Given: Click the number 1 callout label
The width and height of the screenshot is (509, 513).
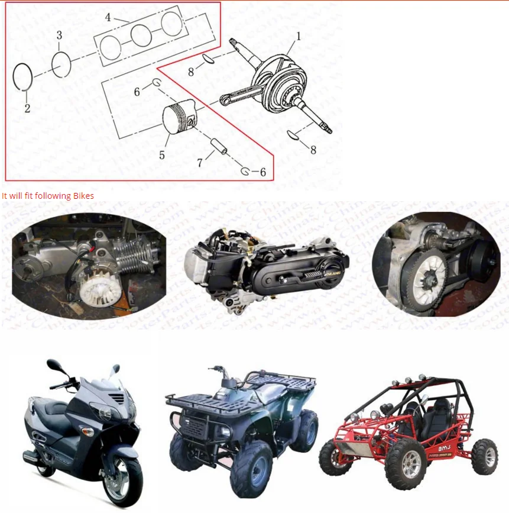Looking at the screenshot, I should coord(299,36).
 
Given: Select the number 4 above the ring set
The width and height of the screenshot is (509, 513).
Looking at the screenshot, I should coord(108,17).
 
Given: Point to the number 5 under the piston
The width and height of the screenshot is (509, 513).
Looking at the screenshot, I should coord(161,156).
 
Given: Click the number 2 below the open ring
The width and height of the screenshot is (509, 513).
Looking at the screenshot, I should coord(27,108).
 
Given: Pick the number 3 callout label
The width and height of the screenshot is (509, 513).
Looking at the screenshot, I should coord(59,36).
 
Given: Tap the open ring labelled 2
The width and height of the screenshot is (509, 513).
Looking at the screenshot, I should coord(23,76).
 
